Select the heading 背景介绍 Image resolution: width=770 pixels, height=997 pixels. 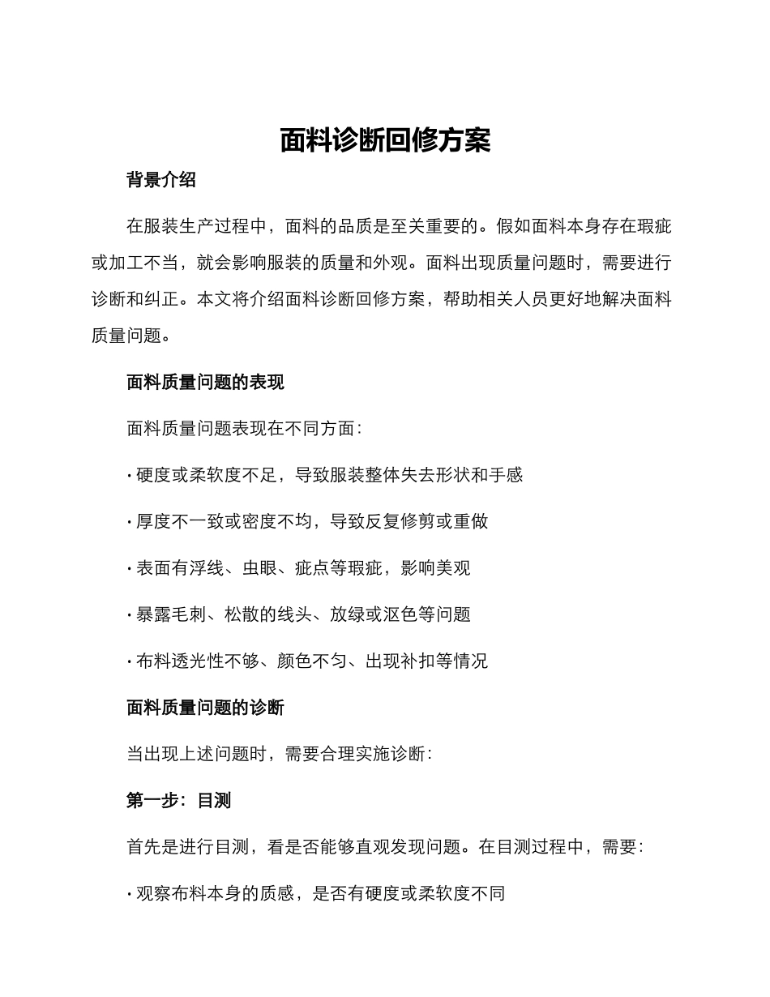click(161, 180)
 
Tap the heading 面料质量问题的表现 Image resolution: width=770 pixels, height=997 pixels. click(205, 383)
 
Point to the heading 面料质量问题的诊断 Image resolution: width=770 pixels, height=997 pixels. click(205, 708)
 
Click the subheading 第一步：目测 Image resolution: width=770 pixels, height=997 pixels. click(178, 801)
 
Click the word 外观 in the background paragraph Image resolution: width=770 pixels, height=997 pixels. click(389, 263)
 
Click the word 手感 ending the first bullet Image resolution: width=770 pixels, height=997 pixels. click(506, 475)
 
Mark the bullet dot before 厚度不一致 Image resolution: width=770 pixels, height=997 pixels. click(130, 522)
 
